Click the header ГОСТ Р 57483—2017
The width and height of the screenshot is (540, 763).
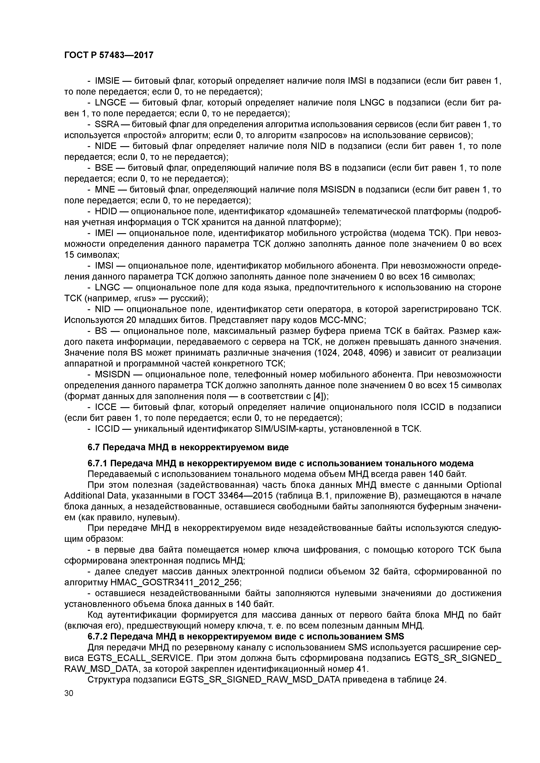[109, 55]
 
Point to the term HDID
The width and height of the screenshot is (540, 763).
[106, 211]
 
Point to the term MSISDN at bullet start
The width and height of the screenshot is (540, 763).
[112, 375]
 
